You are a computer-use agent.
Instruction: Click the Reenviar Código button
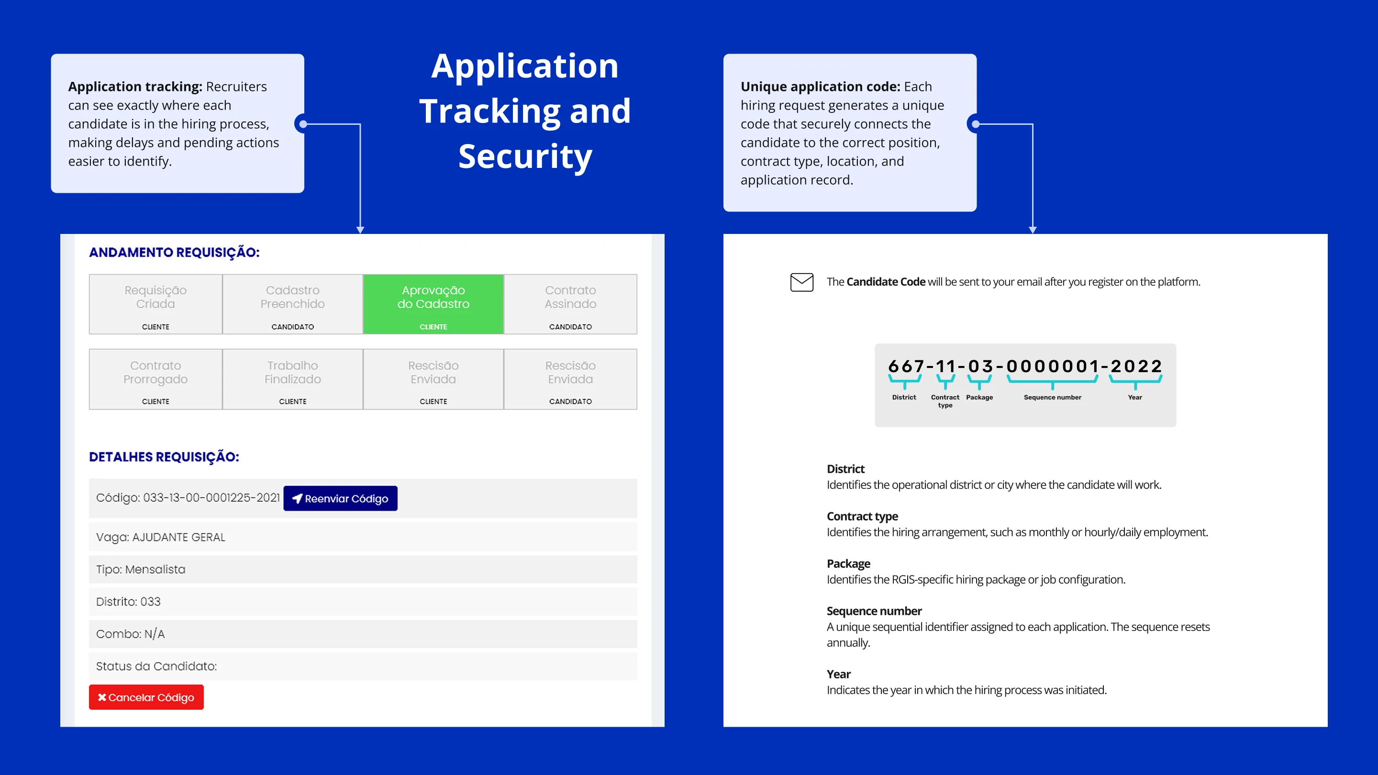click(x=340, y=498)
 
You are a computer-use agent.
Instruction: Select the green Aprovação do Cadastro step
click(x=433, y=304)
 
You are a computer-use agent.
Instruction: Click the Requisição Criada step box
click(x=156, y=304)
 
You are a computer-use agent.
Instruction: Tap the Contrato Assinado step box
click(x=570, y=304)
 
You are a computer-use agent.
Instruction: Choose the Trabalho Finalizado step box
click(x=293, y=379)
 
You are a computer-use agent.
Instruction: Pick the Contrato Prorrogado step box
click(x=156, y=379)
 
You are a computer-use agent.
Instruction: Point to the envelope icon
click(x=802, y=282)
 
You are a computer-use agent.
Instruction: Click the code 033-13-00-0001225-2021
click(x=211, y=498)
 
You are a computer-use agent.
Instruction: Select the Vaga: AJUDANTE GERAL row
click(x=363, y=537)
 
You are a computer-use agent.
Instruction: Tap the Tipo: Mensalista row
click(x=363, y=570)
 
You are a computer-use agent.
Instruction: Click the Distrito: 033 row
click(x=363, y=602)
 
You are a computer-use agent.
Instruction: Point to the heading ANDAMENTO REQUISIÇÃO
click(x=174, y=253)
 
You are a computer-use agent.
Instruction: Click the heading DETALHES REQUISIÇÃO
click(x=164, y=457)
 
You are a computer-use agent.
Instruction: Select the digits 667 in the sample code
click(x=906, y=366)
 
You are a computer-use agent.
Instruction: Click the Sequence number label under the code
click(x=1053, y=398)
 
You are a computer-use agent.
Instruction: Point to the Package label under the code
click(x=979, y=398)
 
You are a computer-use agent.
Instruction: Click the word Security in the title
click(x=525, y=157)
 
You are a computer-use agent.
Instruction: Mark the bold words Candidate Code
click(x=886, y=282)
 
